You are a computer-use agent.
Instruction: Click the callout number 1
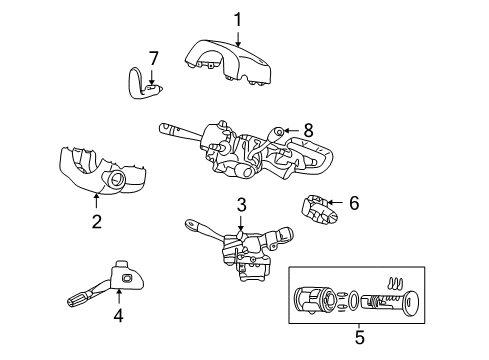(238, 18)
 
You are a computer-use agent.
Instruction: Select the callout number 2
(96, 220)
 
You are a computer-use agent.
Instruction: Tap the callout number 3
(241, 206)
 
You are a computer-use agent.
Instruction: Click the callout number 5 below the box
(359, 337)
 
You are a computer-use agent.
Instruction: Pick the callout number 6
(353, 202)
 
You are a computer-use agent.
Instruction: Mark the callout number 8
(308, 129)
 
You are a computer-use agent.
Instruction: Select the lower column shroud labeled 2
(100, 170)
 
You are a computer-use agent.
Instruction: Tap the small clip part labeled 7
(140, 85)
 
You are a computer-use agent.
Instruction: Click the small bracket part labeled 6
(321, 211)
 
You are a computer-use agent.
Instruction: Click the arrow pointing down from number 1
(239, 37)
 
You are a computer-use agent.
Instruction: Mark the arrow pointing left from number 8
(289, 130)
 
